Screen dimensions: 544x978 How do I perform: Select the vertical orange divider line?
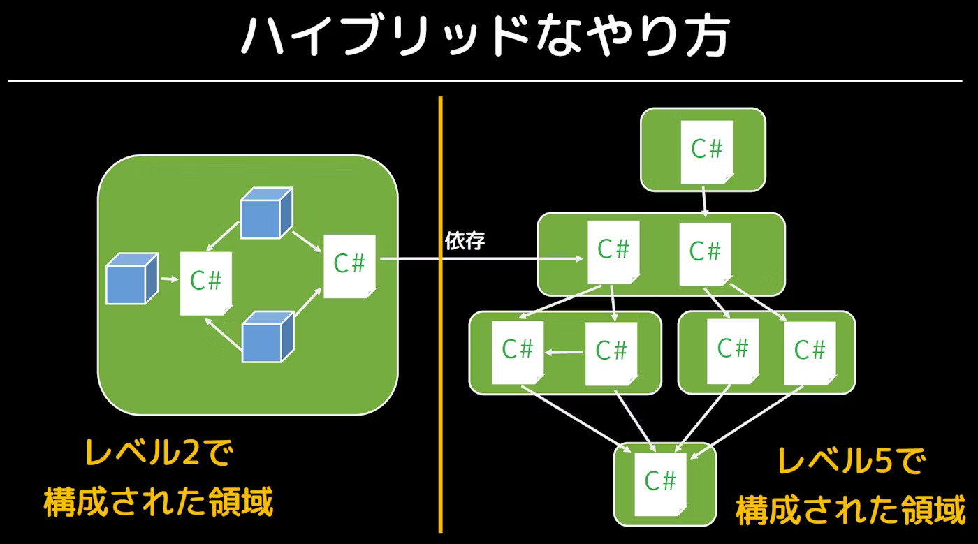tap(441, 314)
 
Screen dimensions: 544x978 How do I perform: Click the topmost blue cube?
tap(265, 212)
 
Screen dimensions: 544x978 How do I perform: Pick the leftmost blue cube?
tap(132, 280)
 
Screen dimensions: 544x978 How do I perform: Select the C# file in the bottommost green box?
tap(659, 481)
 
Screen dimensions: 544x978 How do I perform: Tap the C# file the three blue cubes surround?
tap(206, 282)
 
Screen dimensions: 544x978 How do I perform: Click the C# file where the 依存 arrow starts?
tap(350, 265)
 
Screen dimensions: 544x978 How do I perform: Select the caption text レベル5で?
tap(849, 462)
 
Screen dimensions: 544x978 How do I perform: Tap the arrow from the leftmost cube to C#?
tap(170, 279)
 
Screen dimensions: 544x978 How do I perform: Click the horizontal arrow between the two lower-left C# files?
tap(564, 353)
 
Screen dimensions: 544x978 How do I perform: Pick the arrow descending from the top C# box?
tap(704, 202)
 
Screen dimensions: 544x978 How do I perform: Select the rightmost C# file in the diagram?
tap(810, 352)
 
